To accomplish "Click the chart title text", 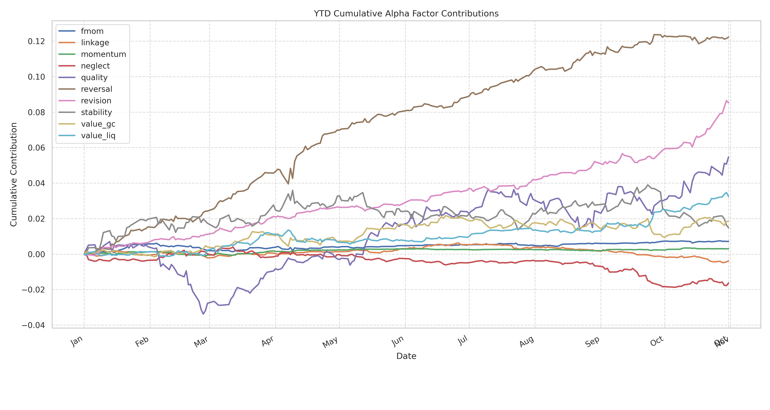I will [x=406, y=14].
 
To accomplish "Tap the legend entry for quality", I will [x=94, y=78].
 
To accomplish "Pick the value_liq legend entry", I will [x=98, y=136].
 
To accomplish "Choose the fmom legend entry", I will [x=92, y=31].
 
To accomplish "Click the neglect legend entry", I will [x=95, y=66].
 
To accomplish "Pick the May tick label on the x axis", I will [x=330, y=342].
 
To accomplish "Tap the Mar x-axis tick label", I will [x=201, y=342].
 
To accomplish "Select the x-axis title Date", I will [x=406, y=356].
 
